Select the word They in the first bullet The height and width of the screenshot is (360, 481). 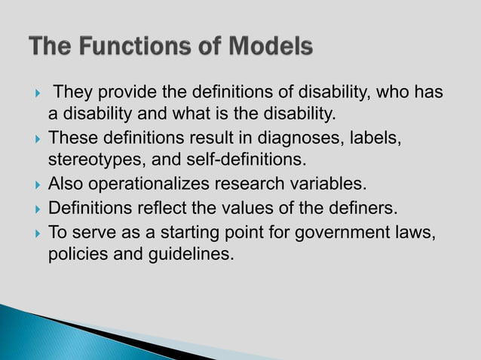coord(73,93)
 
